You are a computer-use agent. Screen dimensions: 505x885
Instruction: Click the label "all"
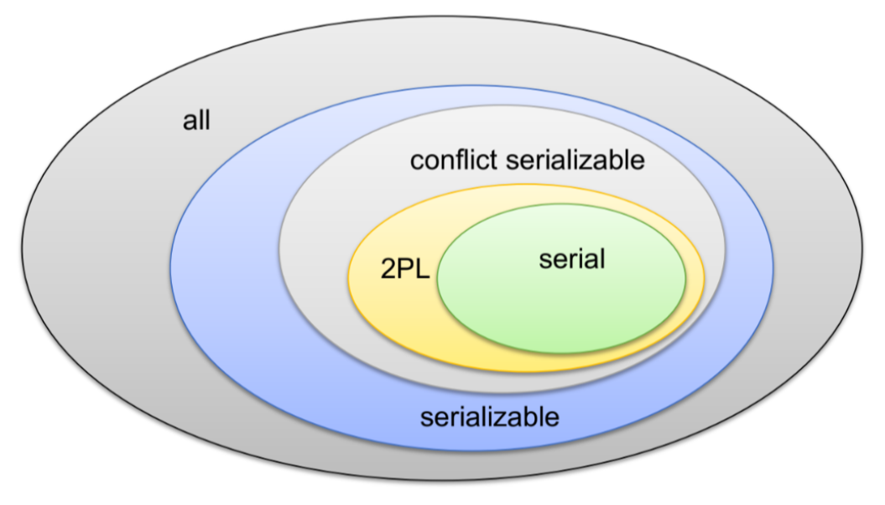[196, 121]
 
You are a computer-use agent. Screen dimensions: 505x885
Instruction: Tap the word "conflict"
[454, 160]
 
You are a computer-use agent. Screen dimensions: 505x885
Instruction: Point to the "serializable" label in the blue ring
[490, 417]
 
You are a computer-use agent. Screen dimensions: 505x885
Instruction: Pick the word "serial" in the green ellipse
[571, 259]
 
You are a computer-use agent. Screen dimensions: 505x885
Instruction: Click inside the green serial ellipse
[562, 310]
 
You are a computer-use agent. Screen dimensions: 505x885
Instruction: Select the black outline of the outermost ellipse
[22, 252]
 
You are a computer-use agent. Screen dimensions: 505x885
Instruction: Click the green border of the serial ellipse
[437, 278]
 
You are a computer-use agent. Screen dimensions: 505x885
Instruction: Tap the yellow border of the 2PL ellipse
[348, 277]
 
